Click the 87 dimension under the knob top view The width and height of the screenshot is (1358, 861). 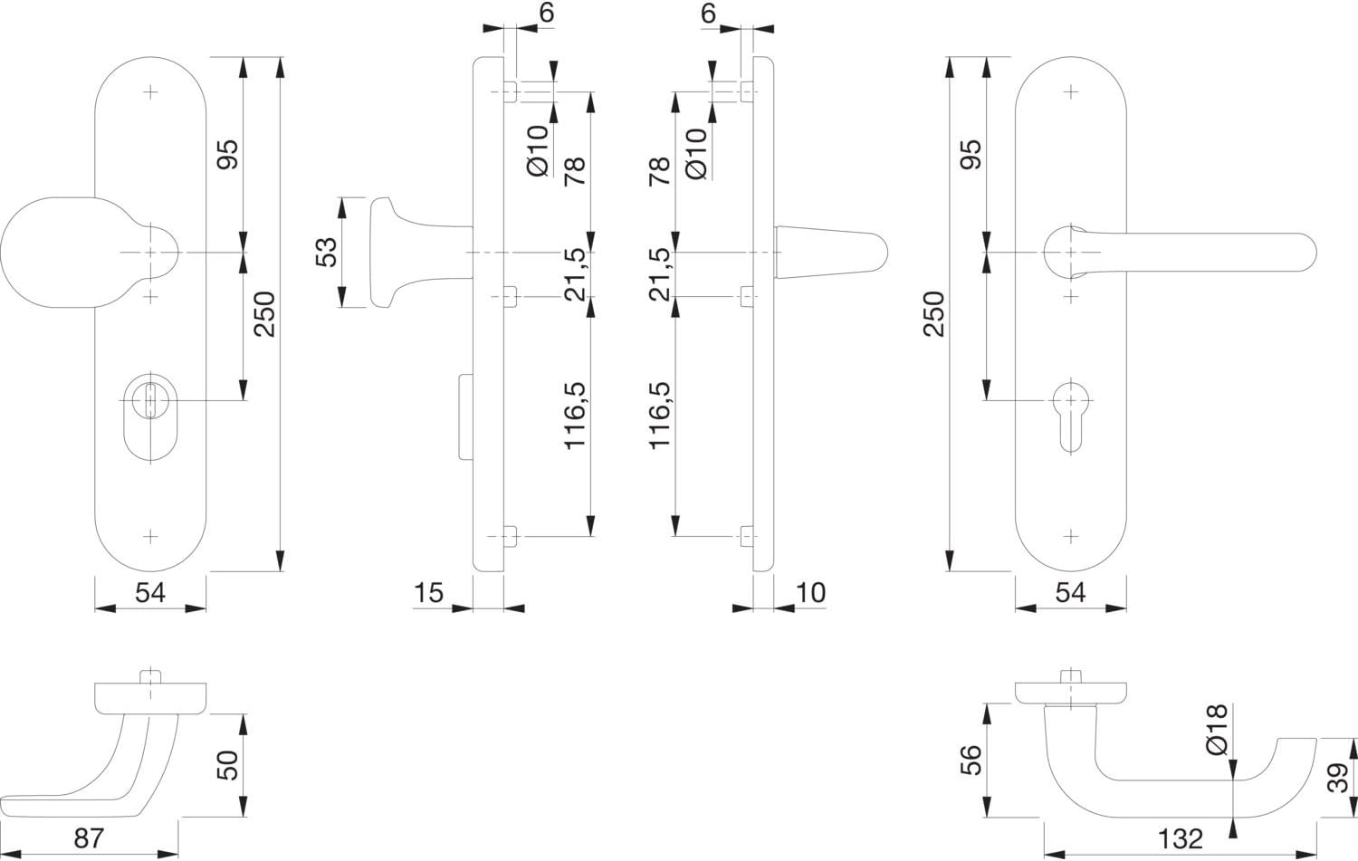click(x=89, y=838)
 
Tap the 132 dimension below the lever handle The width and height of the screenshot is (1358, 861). click(x=1181, y=839)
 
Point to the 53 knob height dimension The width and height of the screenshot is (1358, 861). click(x=326, y=253)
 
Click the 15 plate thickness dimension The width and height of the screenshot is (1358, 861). click(x=428, y=593)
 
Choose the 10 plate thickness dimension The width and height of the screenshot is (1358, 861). click(x=810, y=593)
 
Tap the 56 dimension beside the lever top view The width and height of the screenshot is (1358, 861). click(x=971, y=760)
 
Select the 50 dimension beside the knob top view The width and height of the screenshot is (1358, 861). click(x=227, y=765)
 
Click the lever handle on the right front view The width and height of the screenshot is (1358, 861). click(x=1180, y=253)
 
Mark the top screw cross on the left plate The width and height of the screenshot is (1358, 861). click(x=149, y=92)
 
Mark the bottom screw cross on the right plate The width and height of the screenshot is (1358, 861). click(x=1071, y=537)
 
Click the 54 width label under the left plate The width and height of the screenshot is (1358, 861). click(x=150, y=593)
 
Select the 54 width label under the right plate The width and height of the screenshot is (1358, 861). click(x=1071, y=593)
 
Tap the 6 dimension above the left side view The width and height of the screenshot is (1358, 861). click(x=546, y=13)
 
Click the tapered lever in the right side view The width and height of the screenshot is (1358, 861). click(x=830, y=253)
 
